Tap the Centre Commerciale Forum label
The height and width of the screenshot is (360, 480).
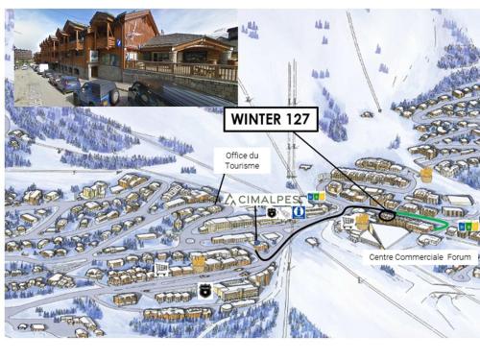(420, 257)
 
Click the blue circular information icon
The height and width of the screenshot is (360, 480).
(300, 210)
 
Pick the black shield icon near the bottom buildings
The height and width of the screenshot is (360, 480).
(204, 288)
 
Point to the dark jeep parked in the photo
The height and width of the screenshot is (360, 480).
(98, 92)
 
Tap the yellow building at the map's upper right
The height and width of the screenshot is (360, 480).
(425, 175)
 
